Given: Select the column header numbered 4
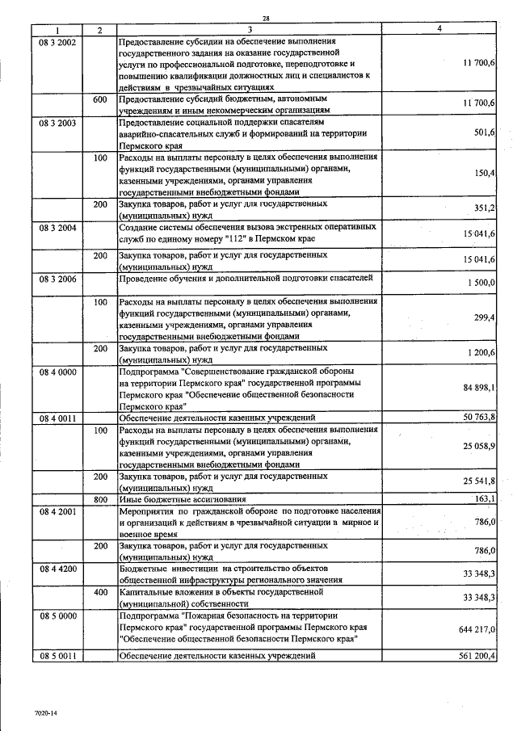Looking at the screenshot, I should pos(439,30).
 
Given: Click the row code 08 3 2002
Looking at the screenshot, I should pos(57,41).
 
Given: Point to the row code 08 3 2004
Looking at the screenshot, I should pos(57,229).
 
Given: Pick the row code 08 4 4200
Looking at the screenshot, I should pos(57,569).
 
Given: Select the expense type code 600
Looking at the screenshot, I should pos(100,99).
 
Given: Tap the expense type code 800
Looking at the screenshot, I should pos(100,499).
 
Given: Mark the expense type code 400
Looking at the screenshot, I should pos(100,592).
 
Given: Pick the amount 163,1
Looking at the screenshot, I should pos(485,499).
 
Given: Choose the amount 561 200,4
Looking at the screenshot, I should pos(476,656).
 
